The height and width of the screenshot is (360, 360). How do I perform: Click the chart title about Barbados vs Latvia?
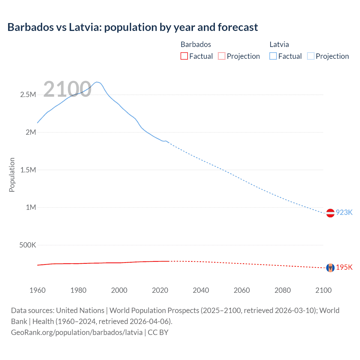point(132,27)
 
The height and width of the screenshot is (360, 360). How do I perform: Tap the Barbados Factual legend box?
point(184,56)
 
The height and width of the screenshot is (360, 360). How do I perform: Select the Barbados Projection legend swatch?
point(221,56)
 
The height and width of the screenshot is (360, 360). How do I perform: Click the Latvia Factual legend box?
point(273,56)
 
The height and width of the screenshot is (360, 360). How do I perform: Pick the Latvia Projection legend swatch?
point(310,56)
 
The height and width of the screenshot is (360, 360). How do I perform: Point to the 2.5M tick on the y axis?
point(28,94)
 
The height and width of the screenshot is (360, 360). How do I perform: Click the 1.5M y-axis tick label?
point(28,170)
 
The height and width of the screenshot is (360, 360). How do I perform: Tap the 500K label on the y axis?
point(28,245)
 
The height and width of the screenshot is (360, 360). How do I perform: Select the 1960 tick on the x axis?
point(37,290)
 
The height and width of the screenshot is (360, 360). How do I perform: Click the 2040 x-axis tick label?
point(201,290)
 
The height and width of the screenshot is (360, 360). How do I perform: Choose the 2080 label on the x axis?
point(282,290)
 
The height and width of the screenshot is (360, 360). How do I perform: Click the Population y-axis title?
point(12,175)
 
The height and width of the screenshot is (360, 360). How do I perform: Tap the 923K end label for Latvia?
point(344,212)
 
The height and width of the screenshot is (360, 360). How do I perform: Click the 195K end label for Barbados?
point(344,267)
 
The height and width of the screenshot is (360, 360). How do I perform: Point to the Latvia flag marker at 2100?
point(330,213)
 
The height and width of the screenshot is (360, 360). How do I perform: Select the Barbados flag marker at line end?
point(330,267)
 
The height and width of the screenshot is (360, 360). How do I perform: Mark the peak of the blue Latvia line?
point(97,82)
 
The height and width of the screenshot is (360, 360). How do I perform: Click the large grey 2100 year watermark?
point(67,89)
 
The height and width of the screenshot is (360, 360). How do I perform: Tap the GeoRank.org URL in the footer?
point(77,332)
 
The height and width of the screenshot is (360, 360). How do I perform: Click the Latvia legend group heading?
point(279,44)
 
